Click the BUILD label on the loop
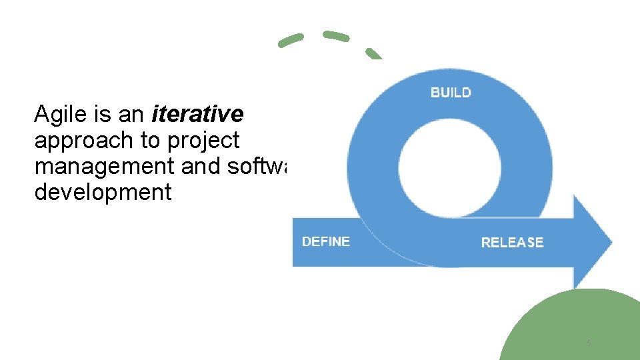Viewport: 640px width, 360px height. (451, 93)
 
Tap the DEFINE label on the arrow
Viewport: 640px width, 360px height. (326, 241)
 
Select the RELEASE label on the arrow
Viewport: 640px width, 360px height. (512, 242)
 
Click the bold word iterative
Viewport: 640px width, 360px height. (197, 115)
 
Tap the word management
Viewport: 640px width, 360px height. (105, 167)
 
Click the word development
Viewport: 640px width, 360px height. (103, 193)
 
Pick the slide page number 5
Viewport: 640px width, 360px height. (589, 343)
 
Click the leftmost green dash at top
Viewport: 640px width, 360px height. (291, 41)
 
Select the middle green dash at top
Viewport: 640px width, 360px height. (335, 36)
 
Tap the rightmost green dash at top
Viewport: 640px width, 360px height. (374, 53)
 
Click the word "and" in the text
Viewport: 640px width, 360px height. (201, 167)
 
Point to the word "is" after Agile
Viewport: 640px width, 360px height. (103, 115)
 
